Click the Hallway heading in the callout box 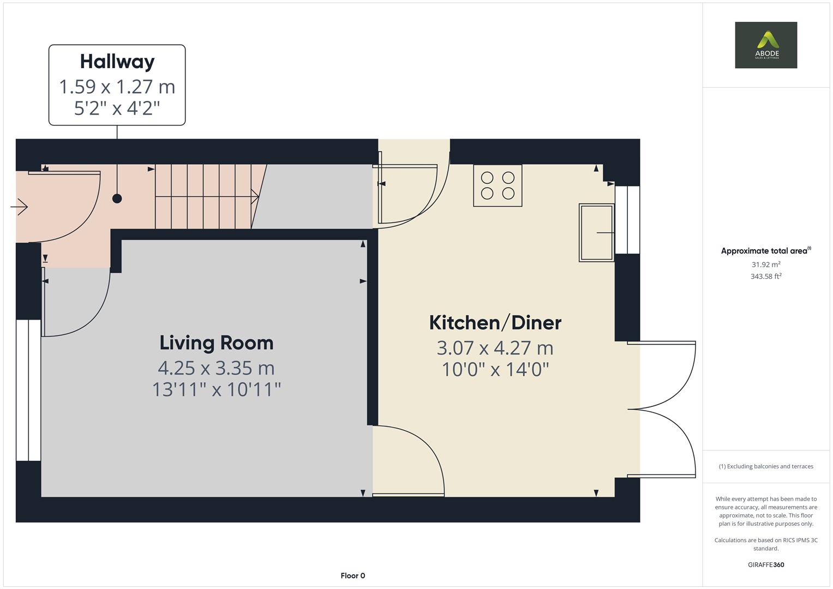(x=117, y=62)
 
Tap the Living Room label (x=216, y=343)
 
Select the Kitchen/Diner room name (x=495, y=323)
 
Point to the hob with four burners (x=498, y=185)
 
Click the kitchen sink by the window (x=597, y=233)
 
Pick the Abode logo (x=766, y=45)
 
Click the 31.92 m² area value (x=766, y=265)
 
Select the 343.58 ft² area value (x=766, y=277)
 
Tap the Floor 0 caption (x=352, y=575)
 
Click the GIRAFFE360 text (x=766, y=564)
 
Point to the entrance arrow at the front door (x=20, y=207)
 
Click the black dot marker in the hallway (x=117, y=199)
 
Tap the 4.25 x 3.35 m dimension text (x=216, y=368)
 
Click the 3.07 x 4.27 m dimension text (x=495, y=348)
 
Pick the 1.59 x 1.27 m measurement (x=117, y=87)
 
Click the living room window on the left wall (x=28, y=390)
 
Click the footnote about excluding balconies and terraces (x=766, y=466)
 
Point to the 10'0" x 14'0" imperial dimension (x=495, y=370)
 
